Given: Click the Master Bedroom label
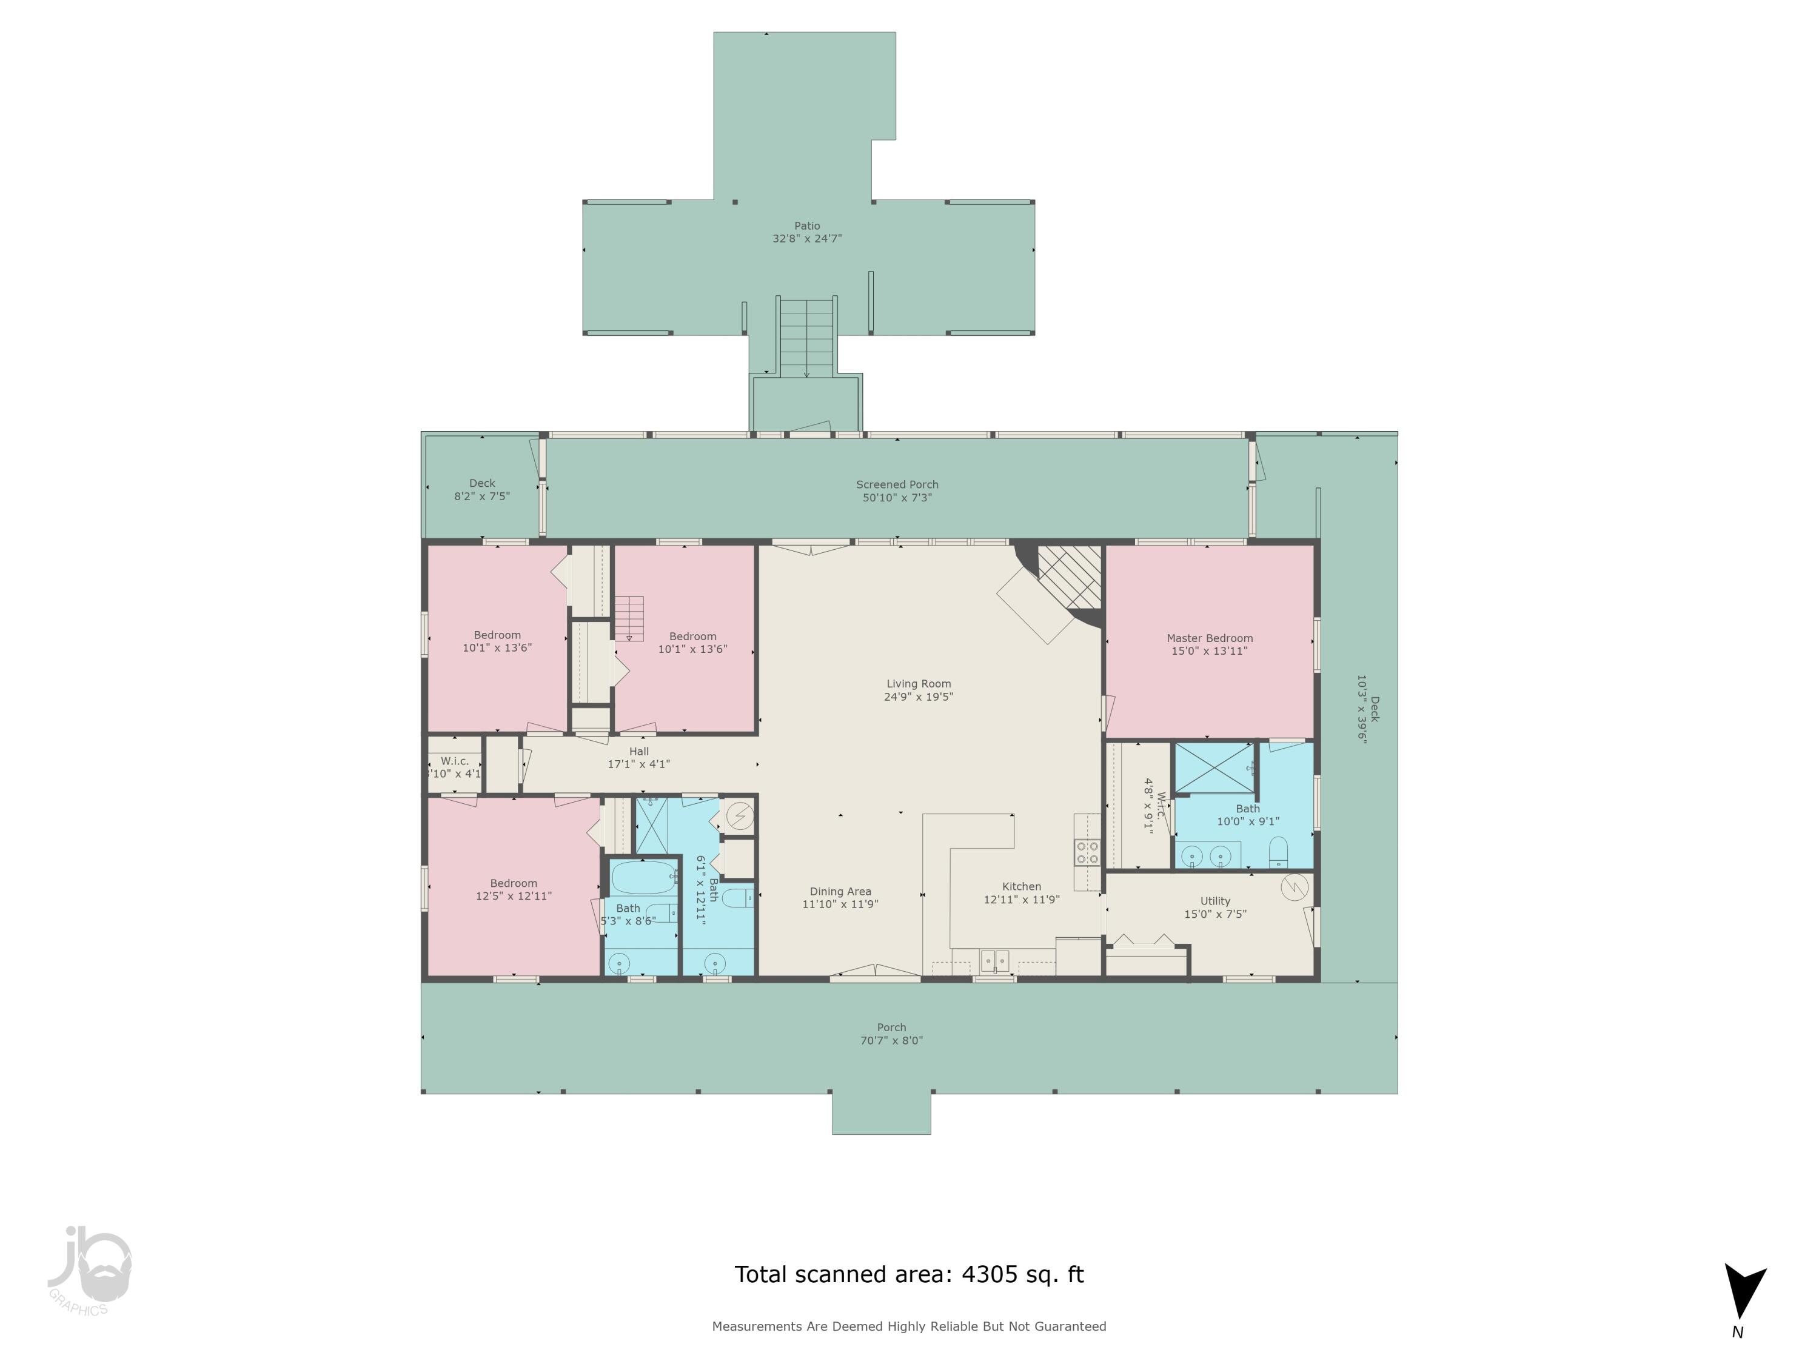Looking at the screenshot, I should tap(1209, 638).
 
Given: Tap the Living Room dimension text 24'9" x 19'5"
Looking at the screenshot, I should tap(918, 697).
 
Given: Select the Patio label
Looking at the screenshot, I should tap(806, 226).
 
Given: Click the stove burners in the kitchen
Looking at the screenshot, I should tap(1087, 852).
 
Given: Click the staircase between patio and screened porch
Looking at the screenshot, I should tap(806, 337).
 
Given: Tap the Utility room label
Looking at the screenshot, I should tap(1214, 901).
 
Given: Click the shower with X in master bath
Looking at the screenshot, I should tap(1214, 767).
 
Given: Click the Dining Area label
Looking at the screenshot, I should tap(840, 891).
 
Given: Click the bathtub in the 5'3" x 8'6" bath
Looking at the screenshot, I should tap(642, 877).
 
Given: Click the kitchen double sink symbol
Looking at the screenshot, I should tap(994, 960).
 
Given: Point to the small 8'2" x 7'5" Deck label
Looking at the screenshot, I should tap(482, 483).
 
